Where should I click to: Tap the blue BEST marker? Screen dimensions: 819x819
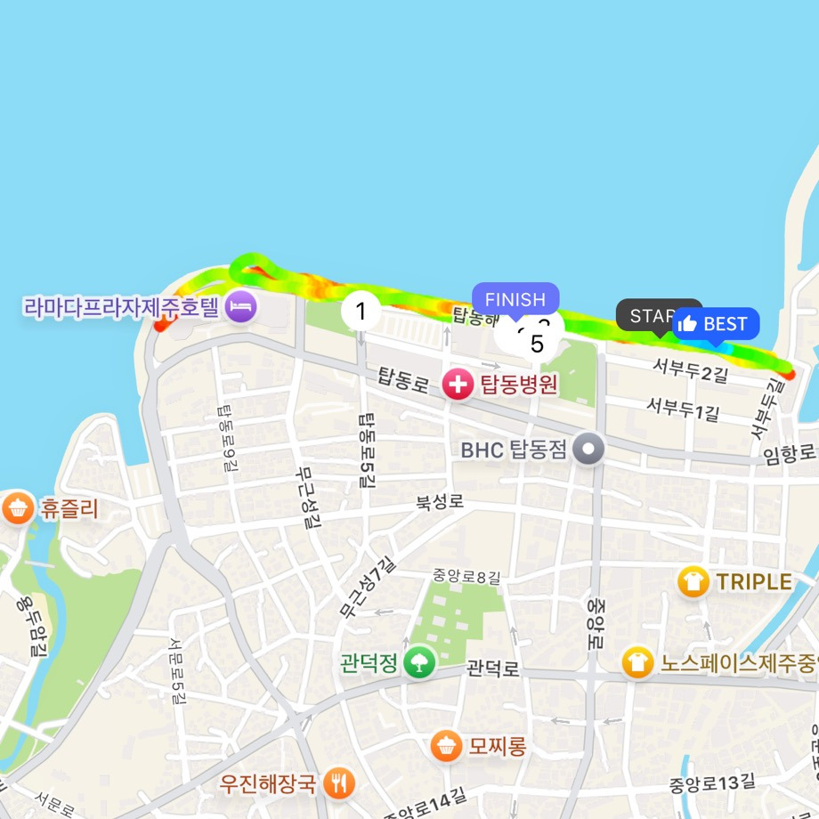click(716, 324)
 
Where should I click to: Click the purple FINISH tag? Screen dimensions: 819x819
click(515, 299)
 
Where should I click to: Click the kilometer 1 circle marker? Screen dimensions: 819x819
click(361, 312)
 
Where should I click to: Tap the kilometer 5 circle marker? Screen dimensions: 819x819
click(536, 344)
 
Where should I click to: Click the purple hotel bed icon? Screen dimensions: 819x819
click(241, 307)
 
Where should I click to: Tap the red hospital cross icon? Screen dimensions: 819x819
click(458, 385)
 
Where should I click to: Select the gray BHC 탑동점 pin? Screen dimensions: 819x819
click(588, 449)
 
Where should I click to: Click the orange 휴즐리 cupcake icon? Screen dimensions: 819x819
click(18, 509)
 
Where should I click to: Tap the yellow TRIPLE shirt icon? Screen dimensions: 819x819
click(693, 582)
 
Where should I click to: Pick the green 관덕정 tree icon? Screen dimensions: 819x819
click(418, 662)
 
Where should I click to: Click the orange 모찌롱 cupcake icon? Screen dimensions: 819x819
click(445, 746)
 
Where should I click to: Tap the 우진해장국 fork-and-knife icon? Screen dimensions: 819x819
click(339, 783)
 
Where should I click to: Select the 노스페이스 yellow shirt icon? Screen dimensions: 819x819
click(637, 662)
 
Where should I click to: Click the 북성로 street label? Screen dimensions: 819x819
click(440, 502)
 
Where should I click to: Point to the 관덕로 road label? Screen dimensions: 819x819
click(492, 668)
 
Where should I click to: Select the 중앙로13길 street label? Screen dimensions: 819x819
click(711, 782)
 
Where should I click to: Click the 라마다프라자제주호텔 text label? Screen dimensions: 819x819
click(121, 308)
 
